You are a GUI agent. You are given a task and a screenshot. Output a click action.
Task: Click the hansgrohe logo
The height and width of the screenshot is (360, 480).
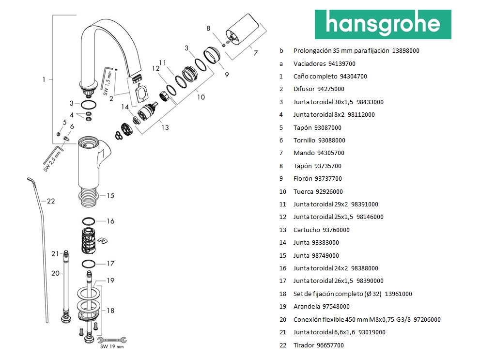coord(383,24)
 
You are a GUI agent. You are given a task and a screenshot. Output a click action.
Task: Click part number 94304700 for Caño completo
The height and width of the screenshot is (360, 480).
coord(354,77)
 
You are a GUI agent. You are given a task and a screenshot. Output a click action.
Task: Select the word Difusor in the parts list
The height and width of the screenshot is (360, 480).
coord(304,89)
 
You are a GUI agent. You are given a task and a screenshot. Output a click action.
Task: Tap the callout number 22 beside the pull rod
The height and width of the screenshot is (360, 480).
coord(51,201)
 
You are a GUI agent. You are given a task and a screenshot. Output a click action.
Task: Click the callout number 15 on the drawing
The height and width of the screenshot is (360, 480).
coord(110,196)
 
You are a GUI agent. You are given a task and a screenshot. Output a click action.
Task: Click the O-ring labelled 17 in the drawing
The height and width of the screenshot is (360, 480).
coord(88,264)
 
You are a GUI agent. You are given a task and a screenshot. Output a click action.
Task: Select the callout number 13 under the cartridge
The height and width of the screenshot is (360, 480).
coord(165,127)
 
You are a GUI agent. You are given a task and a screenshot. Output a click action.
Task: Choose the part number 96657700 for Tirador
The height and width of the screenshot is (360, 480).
coord(330,345)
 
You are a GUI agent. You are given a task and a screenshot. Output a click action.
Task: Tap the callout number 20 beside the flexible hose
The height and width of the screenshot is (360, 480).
coord(55,273)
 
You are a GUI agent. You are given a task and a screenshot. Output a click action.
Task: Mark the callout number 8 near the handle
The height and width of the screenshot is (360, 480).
coord(209,29)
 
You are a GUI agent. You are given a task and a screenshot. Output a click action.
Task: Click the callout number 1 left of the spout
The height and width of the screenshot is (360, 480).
coord(44,79)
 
